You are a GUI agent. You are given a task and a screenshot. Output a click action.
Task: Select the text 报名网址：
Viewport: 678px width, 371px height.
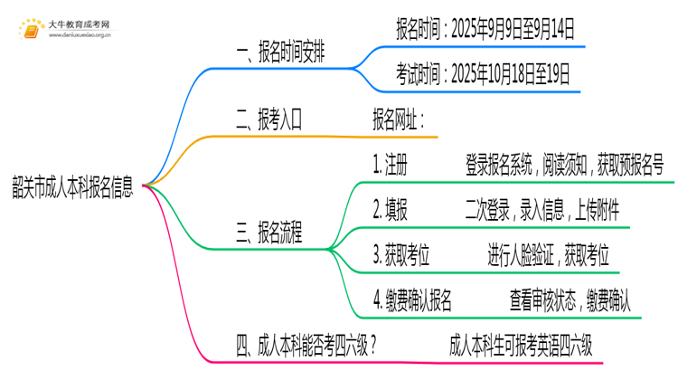[398, 119]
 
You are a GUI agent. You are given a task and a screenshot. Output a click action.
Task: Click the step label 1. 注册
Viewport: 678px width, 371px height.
[390, 165]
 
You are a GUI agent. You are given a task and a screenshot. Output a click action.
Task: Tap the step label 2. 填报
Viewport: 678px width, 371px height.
[390, 210]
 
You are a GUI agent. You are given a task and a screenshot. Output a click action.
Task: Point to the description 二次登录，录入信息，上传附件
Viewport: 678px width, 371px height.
[541, 210]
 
